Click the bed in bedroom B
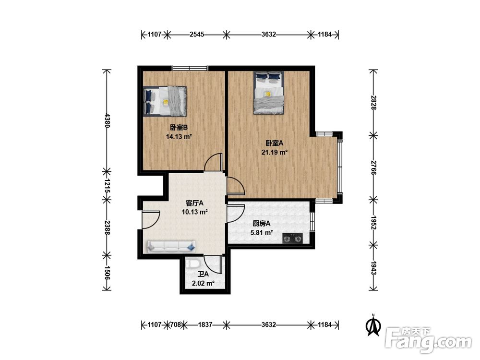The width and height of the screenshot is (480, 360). point(165,101)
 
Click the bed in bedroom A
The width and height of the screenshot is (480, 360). point(269,93)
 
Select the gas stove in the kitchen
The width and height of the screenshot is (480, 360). point(292,238)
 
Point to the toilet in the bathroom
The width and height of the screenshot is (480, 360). point(193,264)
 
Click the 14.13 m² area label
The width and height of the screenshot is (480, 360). point(179,136)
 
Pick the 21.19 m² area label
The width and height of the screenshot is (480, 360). point(274,152)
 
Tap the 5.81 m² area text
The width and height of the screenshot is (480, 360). point(262,233)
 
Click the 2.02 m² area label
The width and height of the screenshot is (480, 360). point(203,284)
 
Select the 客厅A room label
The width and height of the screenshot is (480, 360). point(195,203)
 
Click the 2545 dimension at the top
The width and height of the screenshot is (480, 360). point(197,34)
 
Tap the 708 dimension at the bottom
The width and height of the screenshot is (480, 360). point(175,324)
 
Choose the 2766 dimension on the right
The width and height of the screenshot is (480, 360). point(373,167)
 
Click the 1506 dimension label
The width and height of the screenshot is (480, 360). point(107,273)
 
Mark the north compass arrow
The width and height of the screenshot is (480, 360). point(373,326)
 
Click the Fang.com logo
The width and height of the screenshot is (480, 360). point(428,340)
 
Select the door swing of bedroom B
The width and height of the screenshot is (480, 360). point(213,162)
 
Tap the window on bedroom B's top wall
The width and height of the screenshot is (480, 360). point(190,68)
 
